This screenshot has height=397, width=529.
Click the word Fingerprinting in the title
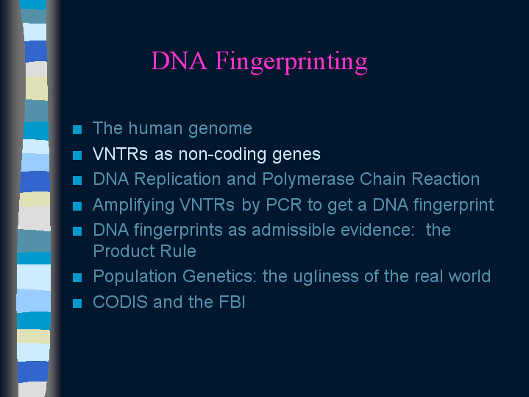click(x=291, y=62)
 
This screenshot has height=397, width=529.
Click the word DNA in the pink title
click(x=179, y=61)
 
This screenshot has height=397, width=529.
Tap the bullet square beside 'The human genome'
click(x=77, y=130)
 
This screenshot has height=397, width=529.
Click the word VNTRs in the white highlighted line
click(x=120, y=154)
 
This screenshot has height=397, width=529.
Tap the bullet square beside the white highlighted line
click(x=77, y=155)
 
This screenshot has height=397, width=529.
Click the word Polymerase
click(x=308, y=180)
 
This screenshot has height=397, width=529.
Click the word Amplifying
click(x=134, y=205)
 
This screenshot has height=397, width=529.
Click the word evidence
click(x=377, y=230)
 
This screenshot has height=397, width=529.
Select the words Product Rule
click(x=144, y=251)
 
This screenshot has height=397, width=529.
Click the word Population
click(x=135, y=277)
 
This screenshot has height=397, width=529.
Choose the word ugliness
click(x=326, y=277)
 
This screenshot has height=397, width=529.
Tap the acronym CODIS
click(x=120, y=302)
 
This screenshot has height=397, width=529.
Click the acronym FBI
click(x=232, y=302)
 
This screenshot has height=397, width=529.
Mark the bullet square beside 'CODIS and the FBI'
click(x=77, y=303)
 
